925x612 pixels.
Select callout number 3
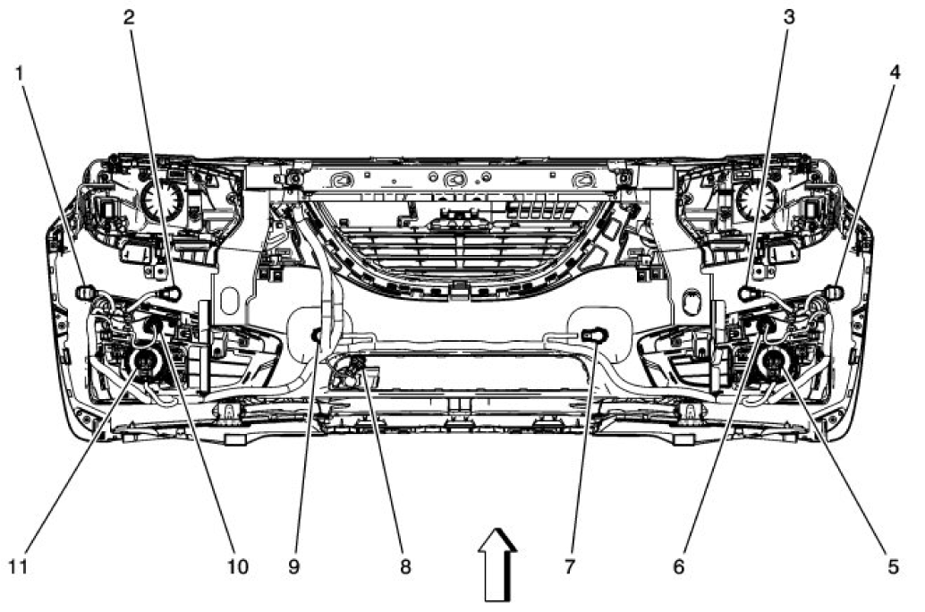click(x=787, y=17)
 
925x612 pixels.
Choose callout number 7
click(x=571, y=566)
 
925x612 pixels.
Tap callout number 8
click(x=405, y=566)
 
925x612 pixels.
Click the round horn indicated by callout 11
click(x=143, y=361)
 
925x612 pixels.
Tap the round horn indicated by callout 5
click(x=772, y=361)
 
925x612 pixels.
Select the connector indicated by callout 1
click(x=87, y=293)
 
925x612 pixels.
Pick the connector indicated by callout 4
click(x=833, y=293)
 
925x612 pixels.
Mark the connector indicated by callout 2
click(x=171, y=293)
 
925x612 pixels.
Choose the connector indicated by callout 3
click(x=746, y=293)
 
